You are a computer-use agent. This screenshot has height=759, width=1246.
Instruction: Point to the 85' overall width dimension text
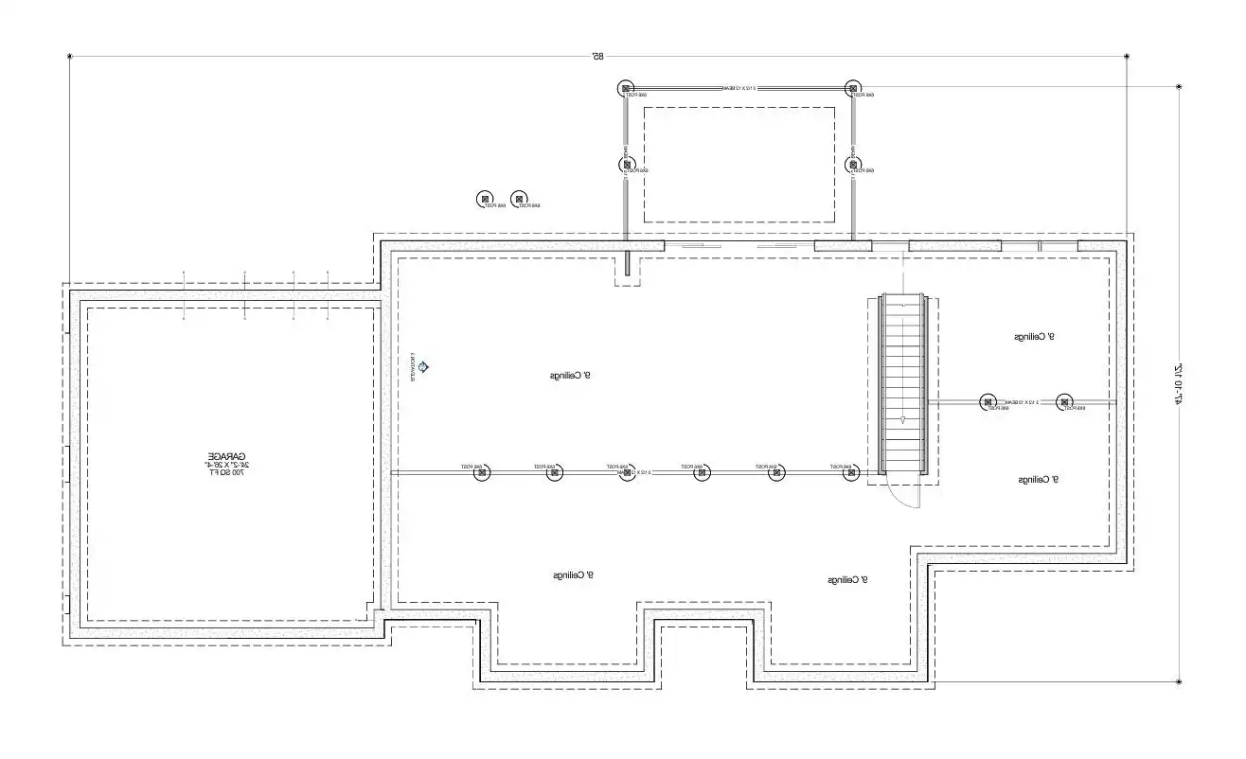pos(597,57)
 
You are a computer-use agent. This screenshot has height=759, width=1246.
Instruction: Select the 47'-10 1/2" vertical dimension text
pos(1179,384)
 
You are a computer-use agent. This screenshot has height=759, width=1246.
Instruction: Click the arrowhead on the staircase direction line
pos(903,419)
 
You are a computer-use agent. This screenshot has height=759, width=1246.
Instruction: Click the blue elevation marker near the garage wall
pos(425,366)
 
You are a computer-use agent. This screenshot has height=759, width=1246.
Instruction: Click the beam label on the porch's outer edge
pos(739,88)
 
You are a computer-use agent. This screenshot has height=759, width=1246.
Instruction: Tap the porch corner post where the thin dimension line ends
pos(853,88)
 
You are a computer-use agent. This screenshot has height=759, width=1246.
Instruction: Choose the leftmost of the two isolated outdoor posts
pos(485,200)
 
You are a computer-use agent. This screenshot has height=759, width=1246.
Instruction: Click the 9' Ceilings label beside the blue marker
pos(571,376)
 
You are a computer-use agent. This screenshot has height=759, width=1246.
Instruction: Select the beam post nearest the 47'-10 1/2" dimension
pos(1064,402)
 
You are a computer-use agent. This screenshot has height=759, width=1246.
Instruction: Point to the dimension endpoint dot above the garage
pos(70,57)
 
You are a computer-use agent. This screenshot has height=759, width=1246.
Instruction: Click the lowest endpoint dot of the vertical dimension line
pos(1179,681)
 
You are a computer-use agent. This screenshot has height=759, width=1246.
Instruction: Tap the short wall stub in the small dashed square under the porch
pos(626,263)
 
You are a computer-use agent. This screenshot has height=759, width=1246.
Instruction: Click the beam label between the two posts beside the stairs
pos(1025,403)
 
